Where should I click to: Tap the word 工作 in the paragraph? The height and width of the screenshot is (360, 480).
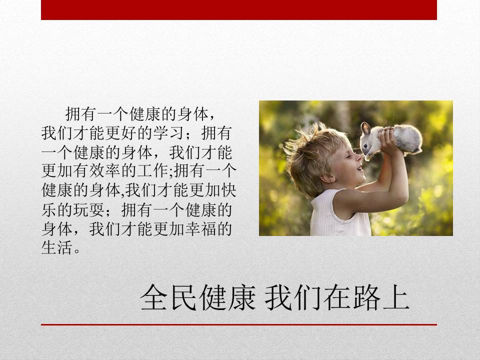(153, 171)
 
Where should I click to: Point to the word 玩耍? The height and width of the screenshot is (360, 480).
(89, 209)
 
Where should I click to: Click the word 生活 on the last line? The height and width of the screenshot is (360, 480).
(57, 247)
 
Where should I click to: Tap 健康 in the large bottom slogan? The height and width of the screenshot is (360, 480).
(228, 297)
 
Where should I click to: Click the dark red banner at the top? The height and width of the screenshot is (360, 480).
(239, 10)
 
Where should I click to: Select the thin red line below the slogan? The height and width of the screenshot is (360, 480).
(239, 324)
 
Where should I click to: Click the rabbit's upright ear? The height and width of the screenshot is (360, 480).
(365, 128)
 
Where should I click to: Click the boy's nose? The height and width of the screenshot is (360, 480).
(359, 158)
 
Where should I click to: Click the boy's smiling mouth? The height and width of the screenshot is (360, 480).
(359, 168)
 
